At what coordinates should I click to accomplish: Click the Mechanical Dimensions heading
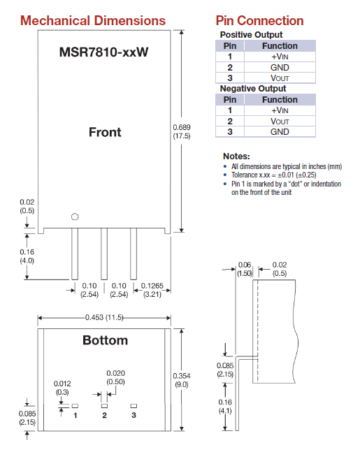click(93, 20)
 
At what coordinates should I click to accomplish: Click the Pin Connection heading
click(259, 20)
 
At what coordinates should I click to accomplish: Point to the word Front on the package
click(105, 132)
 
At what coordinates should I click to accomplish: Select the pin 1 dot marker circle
click(75, 217)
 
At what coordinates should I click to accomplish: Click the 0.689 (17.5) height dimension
click(181, 131)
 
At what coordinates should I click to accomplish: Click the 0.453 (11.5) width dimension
click(105, 318)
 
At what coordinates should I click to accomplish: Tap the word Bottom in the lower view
click(105, 340)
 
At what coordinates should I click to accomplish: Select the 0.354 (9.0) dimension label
click(181, 379)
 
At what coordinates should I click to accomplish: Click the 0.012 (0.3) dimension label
click(64, 388)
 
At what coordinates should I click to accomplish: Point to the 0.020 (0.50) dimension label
click(116, 377)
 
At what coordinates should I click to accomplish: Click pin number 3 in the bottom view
click(134, 415)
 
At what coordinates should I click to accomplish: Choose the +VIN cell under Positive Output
click(280, 57)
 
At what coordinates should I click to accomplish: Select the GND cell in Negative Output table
click(280, 132)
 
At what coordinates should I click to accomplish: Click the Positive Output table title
click(251, 34)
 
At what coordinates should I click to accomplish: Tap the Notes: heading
click(236, 156)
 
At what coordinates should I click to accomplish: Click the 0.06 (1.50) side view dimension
click(245, 270)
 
